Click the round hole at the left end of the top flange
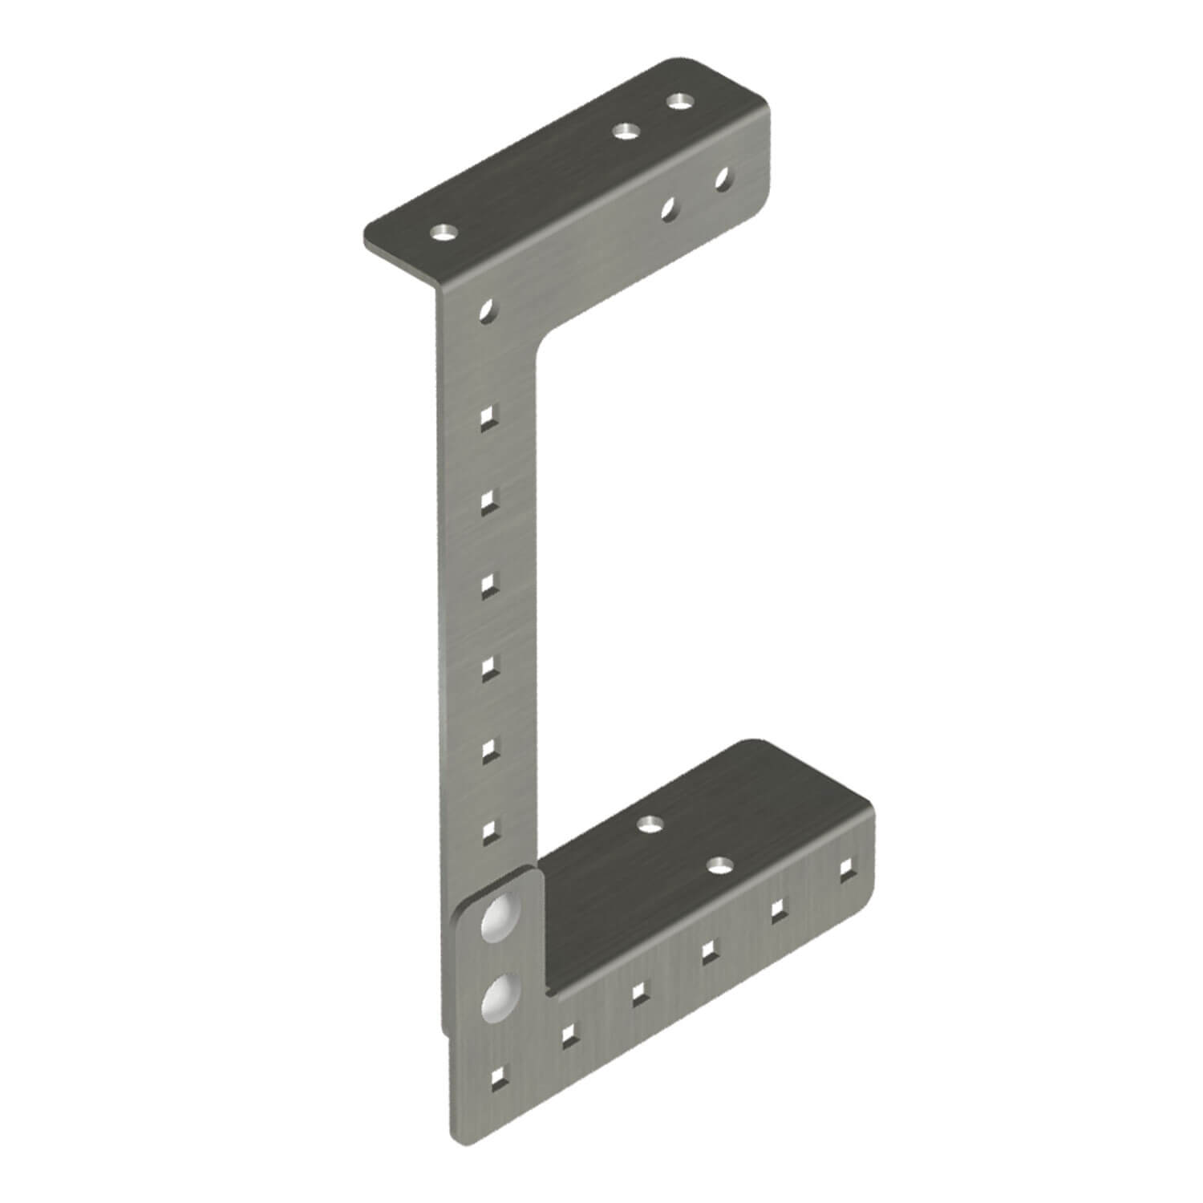tap(442, 233)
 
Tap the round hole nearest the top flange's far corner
tap(680, 102)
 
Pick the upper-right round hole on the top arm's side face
tap(723, 176)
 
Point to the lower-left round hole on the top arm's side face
tap(668, 208)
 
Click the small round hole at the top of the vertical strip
tap(487, 310)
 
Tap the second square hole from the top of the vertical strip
tap(487, 500)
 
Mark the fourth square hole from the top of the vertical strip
tap(488, 666)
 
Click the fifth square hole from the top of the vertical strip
tap(488, 747)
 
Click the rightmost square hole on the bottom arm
tap(845, 868)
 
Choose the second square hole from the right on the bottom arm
tap(777, 909)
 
